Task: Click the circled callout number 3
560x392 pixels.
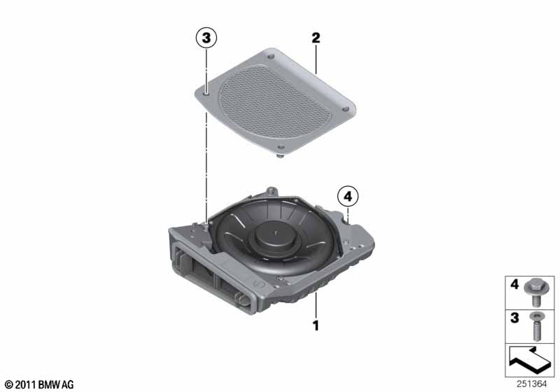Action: (206, 38)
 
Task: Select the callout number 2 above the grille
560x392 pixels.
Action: (316, 38)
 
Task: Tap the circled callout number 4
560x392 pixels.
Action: (348, 196)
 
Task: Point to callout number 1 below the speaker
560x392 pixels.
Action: (316, 325)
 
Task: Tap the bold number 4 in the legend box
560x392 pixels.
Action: (514, 284)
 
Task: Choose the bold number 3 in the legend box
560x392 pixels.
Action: (514, 318)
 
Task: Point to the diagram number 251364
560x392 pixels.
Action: (531, 384)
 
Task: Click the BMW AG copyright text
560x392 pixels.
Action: (39, 384)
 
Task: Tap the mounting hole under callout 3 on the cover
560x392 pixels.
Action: (206, 93)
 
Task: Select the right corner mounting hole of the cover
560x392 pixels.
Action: (345, 108)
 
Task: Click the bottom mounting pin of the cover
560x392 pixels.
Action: (281, 155)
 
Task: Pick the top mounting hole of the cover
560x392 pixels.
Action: (271, 57)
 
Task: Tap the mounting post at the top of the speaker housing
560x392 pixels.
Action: (272, 191)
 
